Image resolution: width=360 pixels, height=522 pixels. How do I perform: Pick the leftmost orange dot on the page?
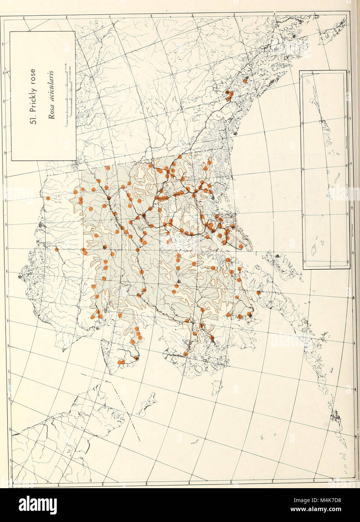point(48,198)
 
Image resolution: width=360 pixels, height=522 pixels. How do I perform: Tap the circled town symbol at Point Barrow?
point(20,277)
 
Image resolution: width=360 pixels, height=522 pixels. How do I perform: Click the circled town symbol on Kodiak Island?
point(277,256)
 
